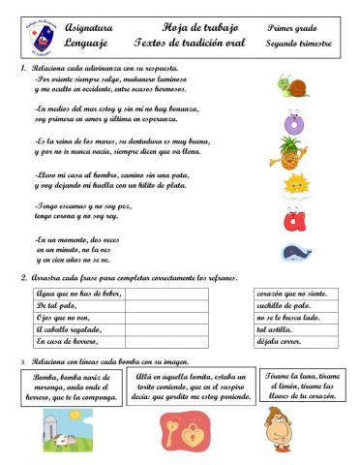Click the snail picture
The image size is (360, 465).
point(293,86)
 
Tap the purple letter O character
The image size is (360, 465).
point(294,122)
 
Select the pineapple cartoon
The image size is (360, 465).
point(294,153)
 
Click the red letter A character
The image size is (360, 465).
point(294,220)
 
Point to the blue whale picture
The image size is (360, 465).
point(295,253)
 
